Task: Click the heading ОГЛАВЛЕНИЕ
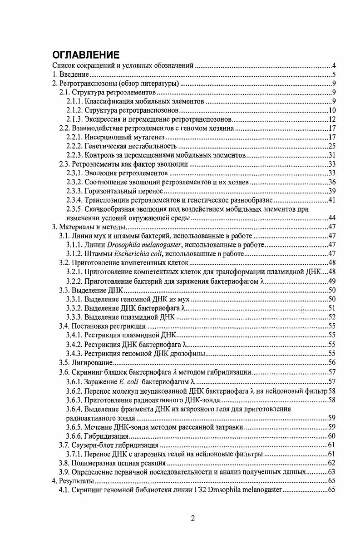86,55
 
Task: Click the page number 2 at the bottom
192,519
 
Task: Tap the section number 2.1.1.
74,101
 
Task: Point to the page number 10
331,110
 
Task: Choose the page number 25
331,146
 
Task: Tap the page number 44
331,218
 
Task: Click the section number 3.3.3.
74,317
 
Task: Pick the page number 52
331,317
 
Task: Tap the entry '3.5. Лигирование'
86,362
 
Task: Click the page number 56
331,362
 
